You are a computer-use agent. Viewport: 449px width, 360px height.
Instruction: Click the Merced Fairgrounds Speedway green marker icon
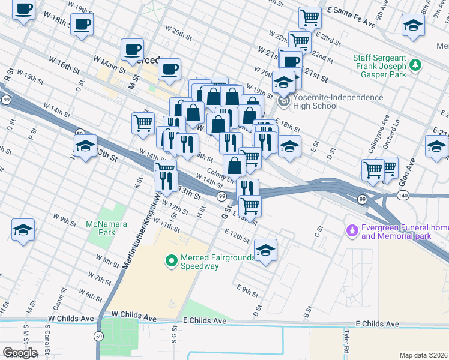coord(171,260)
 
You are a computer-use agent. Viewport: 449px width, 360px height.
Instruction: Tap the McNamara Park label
coord(100,227)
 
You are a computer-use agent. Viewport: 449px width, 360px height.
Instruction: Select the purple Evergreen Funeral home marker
coord(352,230)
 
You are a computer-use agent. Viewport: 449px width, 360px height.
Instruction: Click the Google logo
coord(19,352)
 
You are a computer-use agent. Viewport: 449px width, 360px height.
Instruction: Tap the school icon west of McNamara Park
coord(23,230)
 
